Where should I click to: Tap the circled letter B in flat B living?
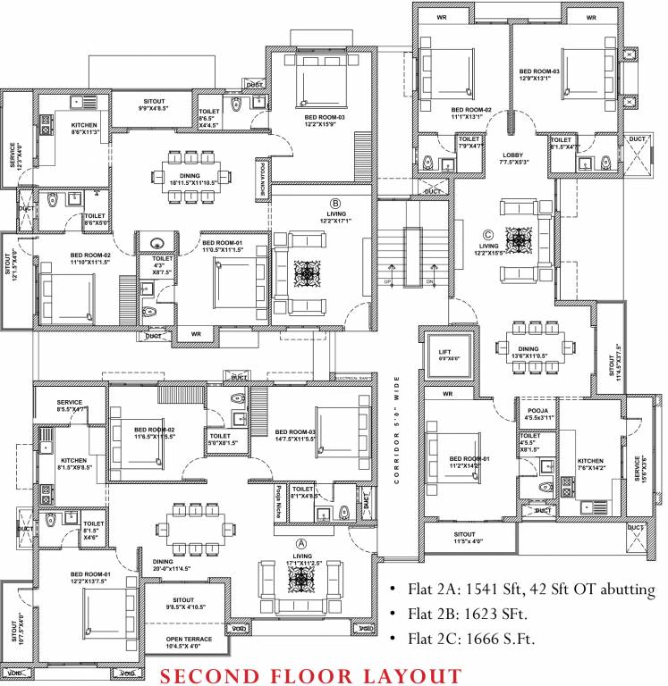pyautogui.click(x=335, y=202)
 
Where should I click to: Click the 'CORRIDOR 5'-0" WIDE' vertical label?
pyautogui.click(x=396, y=431)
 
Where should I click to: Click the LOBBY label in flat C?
pyautogui.click(x=513, y=158)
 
